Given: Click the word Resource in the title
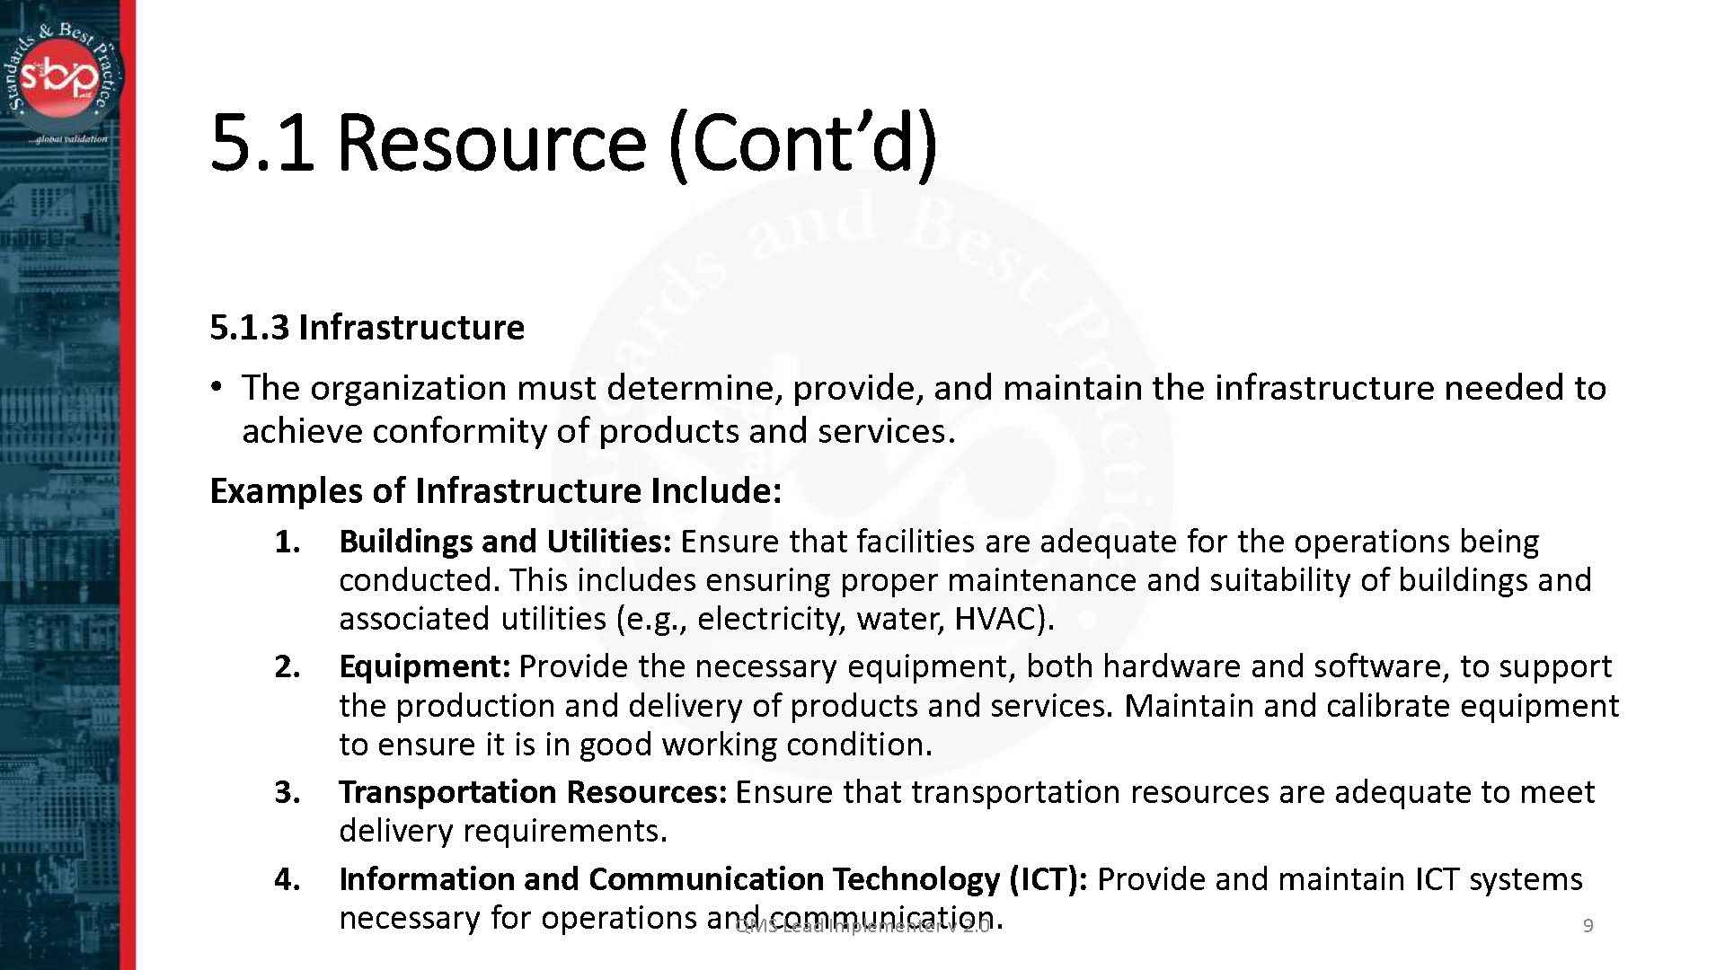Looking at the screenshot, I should click(491, 143).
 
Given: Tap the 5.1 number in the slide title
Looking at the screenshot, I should click(261, 143).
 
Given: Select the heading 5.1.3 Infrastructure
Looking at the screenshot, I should click(367, 327).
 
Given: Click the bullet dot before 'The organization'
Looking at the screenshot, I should click(216, 387).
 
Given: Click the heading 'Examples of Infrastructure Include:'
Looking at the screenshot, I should click(495, 491).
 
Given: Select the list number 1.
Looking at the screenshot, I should click(287, 542).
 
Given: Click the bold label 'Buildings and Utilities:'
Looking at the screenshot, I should click(504, 542).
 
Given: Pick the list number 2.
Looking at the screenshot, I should click(287, 666).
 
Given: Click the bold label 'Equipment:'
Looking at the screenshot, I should click(424, 666).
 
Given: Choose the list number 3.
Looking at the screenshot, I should click(287, 792).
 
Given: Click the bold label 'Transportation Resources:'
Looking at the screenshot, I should click(532, 792).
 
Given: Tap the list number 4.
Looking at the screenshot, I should click(287, 878).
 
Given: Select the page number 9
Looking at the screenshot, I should click(1588, 926).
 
